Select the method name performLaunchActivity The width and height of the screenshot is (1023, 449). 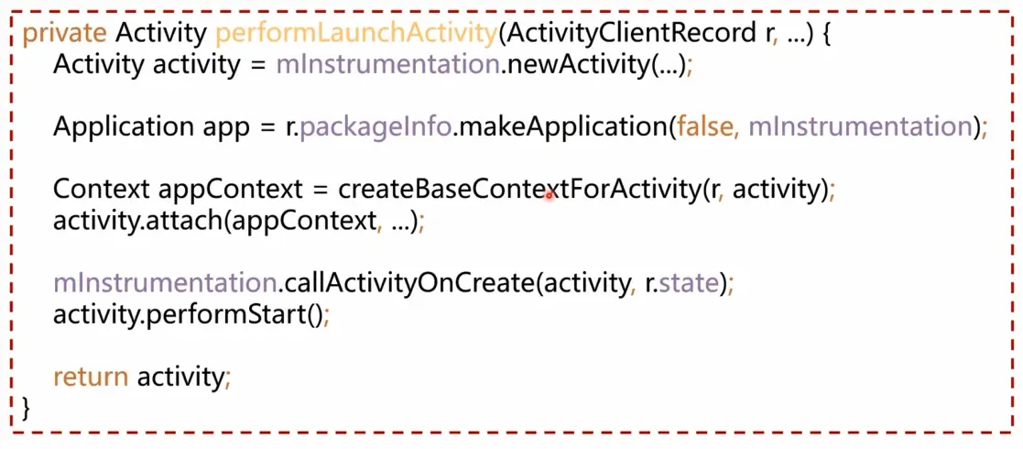(x=356, y=34)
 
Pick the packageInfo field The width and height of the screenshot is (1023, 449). (x=375, y=127)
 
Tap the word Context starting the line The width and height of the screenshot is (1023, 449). (x=102, y=190)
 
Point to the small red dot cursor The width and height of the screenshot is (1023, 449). (x=549, y=195)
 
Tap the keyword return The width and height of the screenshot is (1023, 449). (x=91, y=376)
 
